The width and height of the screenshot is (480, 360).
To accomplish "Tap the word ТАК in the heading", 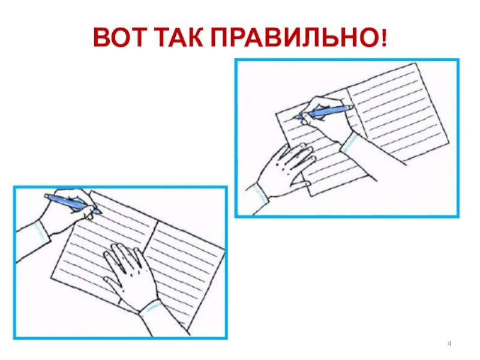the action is (179, 37).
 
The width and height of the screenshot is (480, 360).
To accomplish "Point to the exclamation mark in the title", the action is (384, 38).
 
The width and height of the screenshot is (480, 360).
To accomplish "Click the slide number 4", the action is (449, 343).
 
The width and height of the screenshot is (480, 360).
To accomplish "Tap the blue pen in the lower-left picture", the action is (72, 203).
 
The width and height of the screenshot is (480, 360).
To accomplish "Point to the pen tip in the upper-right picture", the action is (295, 118).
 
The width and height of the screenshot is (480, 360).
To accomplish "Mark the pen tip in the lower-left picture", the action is (99, 212).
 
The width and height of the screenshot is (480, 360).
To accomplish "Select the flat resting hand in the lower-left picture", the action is (131, 275).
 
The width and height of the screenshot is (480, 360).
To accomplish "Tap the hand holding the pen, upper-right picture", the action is (325, 119).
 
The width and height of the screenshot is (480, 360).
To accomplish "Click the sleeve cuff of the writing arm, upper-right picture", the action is (350, 142).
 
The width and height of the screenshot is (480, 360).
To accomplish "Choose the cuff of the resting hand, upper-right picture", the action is (259, 193).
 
